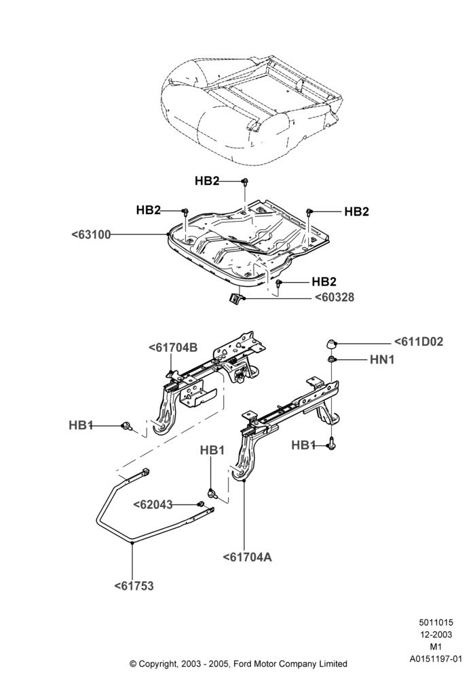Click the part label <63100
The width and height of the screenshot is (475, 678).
point(91,235)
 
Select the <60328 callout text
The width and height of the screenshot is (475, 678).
point(334,298)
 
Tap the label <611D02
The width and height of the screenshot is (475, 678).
point(418,342)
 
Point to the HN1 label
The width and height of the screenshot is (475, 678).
point(382,360)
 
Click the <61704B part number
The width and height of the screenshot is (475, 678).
point(173,348)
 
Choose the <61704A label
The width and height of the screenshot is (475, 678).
point(248,557)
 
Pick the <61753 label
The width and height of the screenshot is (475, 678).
point(134,586)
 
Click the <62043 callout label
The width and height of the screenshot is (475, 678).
point(153,505)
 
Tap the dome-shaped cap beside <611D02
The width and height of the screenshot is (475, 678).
point(331,344)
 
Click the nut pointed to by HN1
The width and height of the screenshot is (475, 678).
point(331,359)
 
